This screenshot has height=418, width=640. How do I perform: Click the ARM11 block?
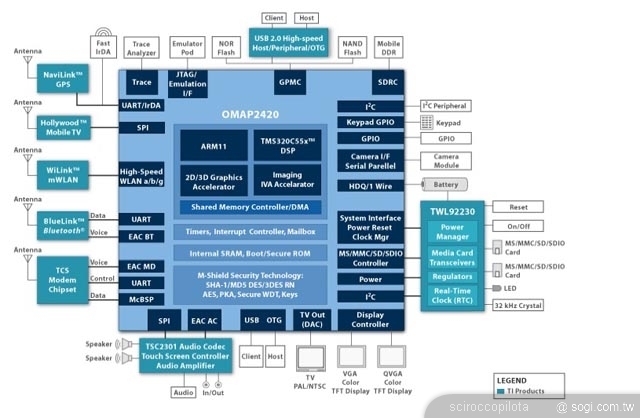point(212,147)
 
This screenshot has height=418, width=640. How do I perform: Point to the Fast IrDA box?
point(103,49)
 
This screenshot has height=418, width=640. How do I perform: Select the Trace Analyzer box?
point(142,49)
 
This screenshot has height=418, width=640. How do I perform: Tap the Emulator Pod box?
point(187,49)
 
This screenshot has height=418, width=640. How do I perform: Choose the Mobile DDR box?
point(388,49)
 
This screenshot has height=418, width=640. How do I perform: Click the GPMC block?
point(289,81)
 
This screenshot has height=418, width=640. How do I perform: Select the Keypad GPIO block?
point(369,123)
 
